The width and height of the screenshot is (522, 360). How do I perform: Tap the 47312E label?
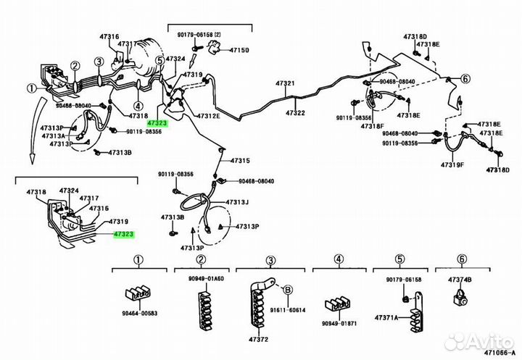[x=207, y=116]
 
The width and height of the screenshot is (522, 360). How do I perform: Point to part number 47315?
[x=240, y=161]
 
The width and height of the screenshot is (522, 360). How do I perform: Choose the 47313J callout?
[x=237, y=202]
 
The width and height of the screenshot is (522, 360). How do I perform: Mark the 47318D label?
[x=415, y=35]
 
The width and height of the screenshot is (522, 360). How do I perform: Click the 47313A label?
[x=53, y=135]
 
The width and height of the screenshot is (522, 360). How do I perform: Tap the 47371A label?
[x=389, y=298]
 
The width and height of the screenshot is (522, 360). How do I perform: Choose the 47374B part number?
[x=460, y=279]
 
